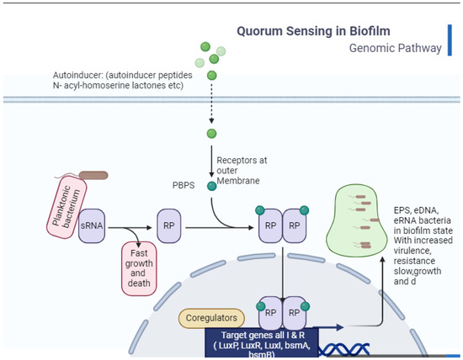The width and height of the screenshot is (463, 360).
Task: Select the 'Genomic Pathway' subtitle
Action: click(395, 48)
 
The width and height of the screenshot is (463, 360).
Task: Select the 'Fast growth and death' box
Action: click(139, 266)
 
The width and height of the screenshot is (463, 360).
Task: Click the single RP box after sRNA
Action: click(170, 227)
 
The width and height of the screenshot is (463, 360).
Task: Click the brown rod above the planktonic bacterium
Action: click(93, 176)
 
